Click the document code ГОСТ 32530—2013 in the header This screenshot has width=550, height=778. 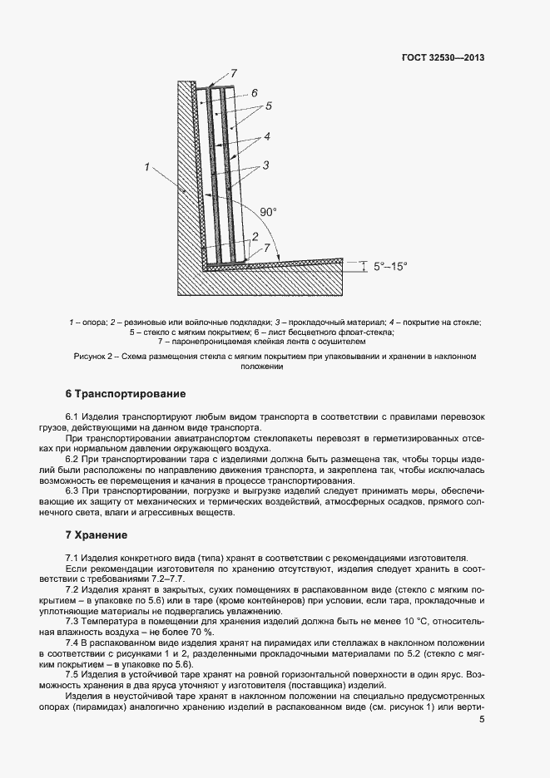tap(443, 59)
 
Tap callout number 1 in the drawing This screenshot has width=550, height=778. tap(146, 168)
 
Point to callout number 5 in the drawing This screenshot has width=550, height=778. tap(269, 106)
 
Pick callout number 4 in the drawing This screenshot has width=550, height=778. tap(266, 135)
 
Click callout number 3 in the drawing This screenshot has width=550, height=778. tap(265, 165)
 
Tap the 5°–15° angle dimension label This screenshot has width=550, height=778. tap(391, 266)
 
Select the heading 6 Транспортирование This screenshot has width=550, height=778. tap(126, 393)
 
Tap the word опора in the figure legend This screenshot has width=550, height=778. tap(95, 322)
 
